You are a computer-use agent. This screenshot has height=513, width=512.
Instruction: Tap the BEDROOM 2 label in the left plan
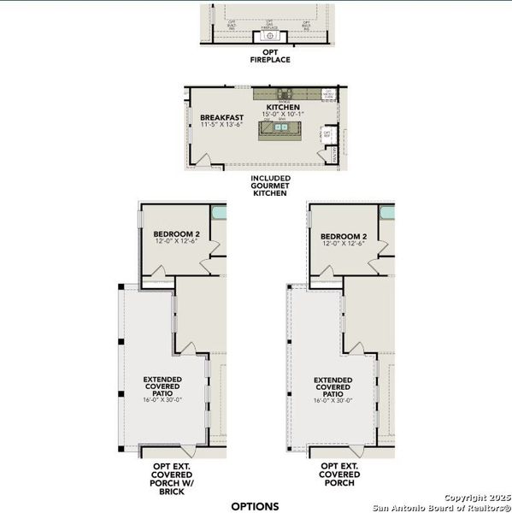[176, 235]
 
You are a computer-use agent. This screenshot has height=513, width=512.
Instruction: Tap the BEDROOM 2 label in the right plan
[344, 236]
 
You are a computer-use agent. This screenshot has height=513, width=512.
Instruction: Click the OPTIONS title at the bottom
[256, 505]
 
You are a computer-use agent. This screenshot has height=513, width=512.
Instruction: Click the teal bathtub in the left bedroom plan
[220, 214]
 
